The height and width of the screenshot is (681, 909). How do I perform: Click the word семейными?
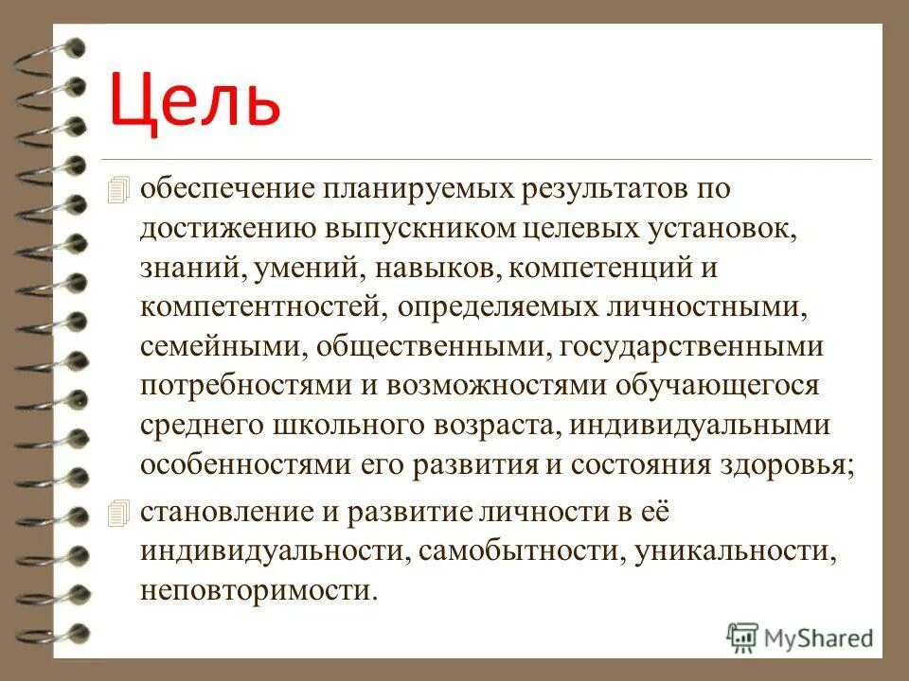pos(217,346)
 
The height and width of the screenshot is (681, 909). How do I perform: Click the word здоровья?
pos(796,465)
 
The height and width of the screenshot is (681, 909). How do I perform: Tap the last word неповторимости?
pos(258,591)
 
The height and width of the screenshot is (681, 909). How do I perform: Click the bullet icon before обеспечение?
pos(117,189)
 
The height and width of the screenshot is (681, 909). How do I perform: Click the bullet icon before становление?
pos(117,514)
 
